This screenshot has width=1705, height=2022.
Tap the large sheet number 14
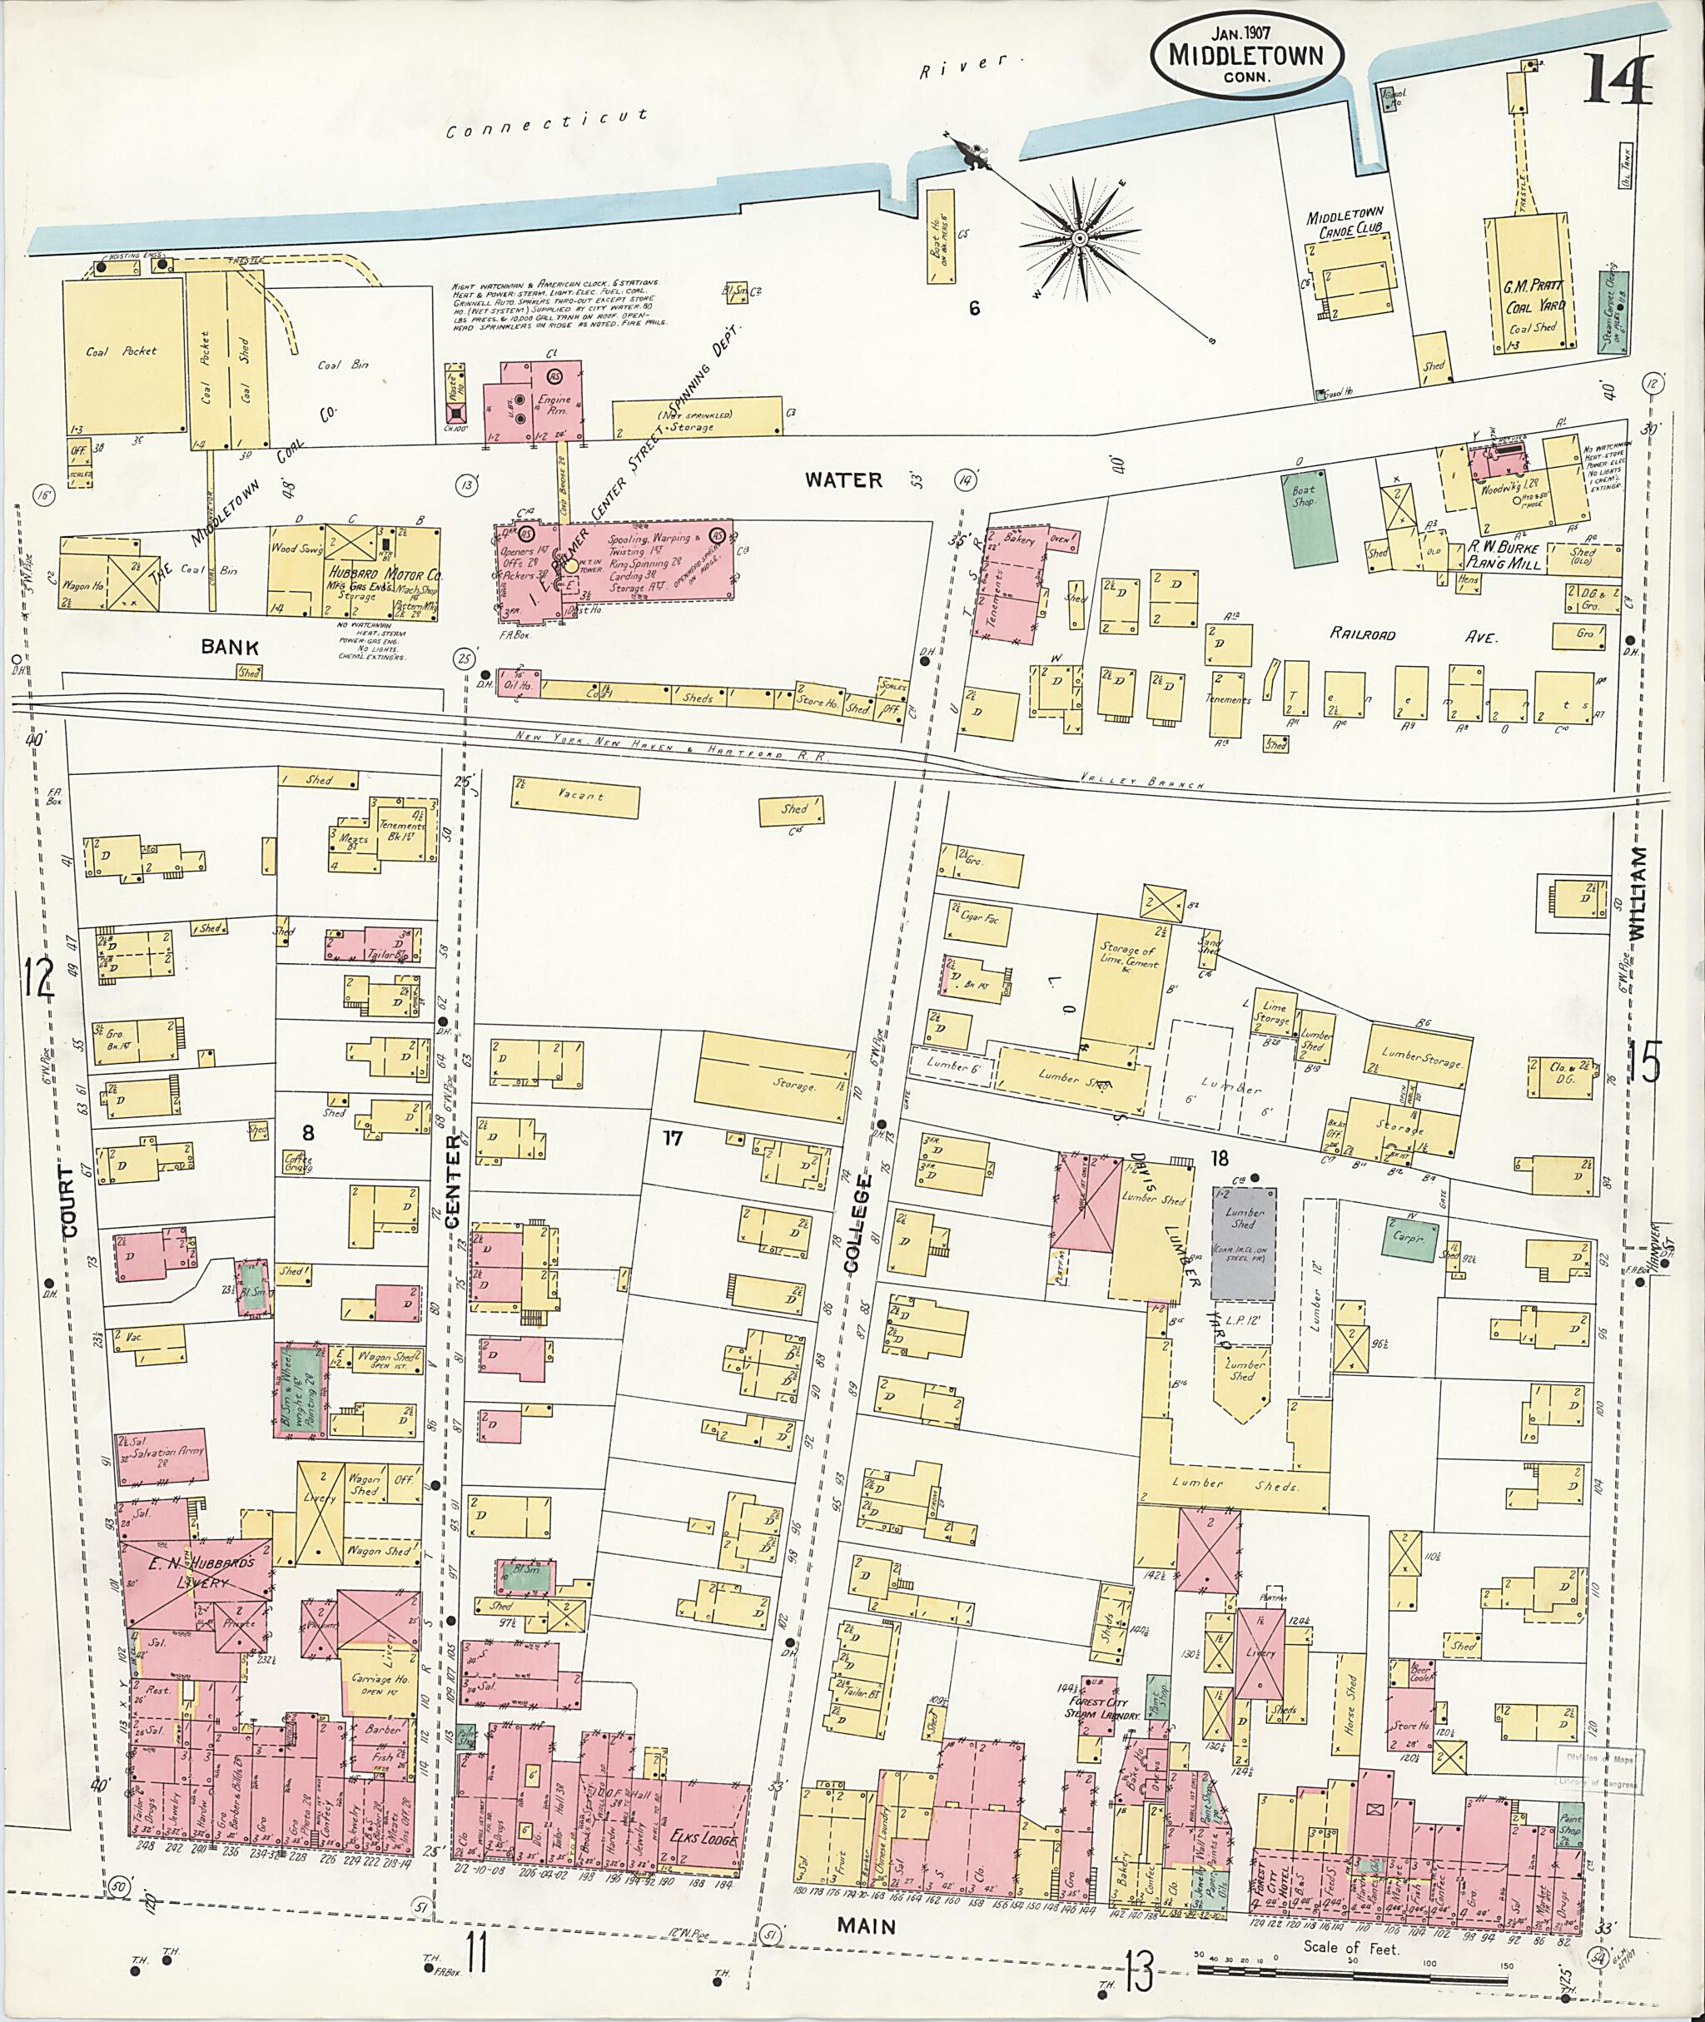click(x=1617, y=82)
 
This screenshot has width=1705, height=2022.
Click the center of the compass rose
click(x=1078, y=238)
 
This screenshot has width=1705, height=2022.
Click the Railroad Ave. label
click(x=1412, y=637)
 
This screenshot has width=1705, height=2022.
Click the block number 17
click(x=673, y=1138)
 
